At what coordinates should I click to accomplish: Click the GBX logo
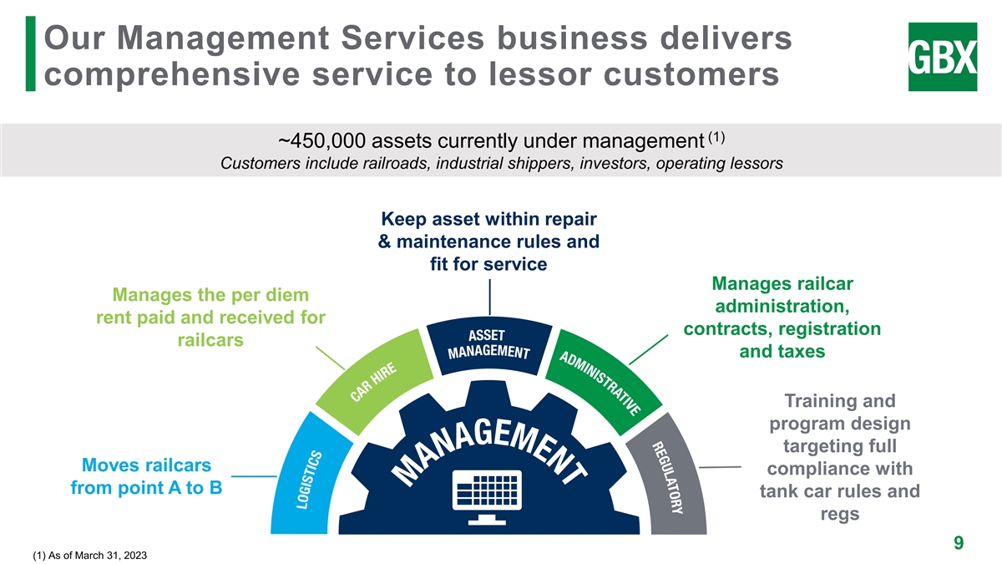click(x=943, y=57)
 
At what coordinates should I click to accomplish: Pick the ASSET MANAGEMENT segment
click(x=488, y=343)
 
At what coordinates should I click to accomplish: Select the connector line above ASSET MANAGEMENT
click(x=489, y=298)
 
